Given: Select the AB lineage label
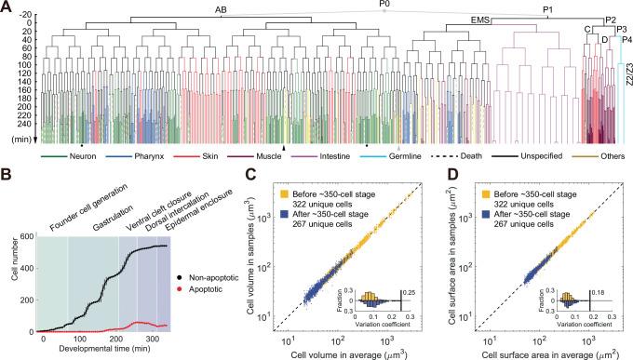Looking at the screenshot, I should point(222,9).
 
